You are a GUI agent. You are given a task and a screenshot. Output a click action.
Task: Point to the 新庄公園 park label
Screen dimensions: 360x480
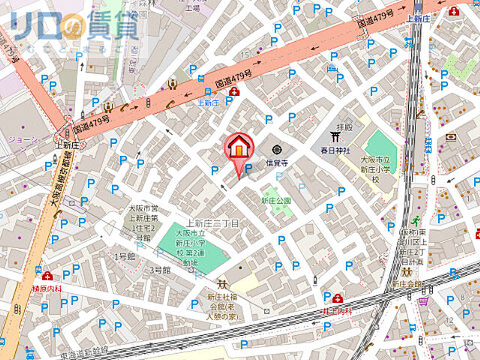tap(275, 201)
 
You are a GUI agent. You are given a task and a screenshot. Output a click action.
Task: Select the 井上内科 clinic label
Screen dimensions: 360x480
tap(338, 310)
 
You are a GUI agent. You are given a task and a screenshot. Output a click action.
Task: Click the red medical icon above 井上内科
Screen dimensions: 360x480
tap(338, 298)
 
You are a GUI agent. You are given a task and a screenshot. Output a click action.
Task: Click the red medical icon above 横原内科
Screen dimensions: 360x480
tap(46, 276)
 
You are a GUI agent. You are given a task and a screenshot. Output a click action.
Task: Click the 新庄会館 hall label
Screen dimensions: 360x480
tap(409, 285)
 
